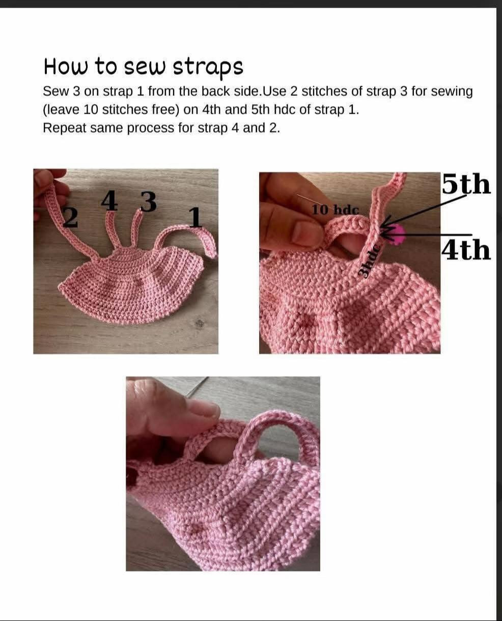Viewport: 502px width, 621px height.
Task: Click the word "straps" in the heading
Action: click(x=208, y=68)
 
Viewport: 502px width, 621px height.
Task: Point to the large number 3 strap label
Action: click(x=149, y=201)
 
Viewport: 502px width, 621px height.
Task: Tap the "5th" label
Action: click(x=466, y=184)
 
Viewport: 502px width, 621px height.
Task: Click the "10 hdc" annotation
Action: click(x=335, y=210)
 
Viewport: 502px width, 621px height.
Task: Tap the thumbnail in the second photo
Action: click(x=304, y=233)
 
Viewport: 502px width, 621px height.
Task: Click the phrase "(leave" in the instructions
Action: click(x=61, y=110)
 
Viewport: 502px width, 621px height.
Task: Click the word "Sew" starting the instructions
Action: click(x=55, y=91)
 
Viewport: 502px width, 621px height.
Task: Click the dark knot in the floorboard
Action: click(x=200, y=323)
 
